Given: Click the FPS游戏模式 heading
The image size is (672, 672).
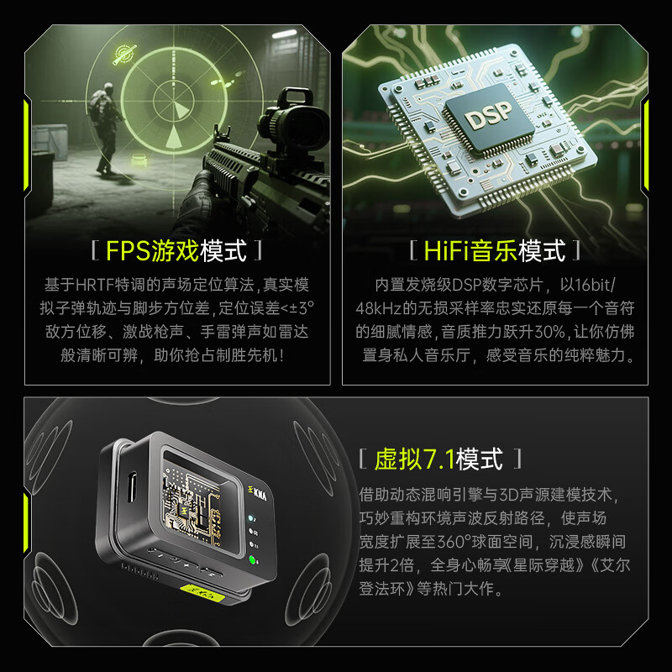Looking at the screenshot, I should click(x=178, y=250).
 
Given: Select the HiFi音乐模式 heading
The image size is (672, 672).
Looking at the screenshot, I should click(x=494, y=250).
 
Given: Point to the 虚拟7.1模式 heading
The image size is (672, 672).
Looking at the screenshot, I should click(x=438, y=459).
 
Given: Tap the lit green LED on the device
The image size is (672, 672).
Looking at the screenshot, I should click(x=252, y=560).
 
